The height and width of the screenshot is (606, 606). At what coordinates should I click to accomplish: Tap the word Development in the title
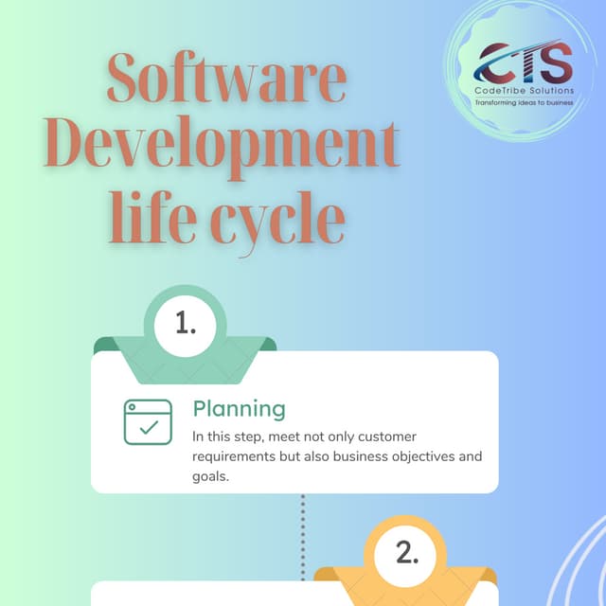coord(222,149)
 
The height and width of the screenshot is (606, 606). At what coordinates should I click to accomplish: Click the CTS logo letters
coord(526,63)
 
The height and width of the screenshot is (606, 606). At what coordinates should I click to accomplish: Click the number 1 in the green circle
coord(186,324)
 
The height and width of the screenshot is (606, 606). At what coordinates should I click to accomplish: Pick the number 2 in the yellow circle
coord(407,554)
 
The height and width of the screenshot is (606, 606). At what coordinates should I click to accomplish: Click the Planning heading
coord(239,408)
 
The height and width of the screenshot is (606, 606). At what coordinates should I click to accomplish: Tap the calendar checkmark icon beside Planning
coord(149,422)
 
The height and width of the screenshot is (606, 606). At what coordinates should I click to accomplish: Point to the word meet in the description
coord(298,437)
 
